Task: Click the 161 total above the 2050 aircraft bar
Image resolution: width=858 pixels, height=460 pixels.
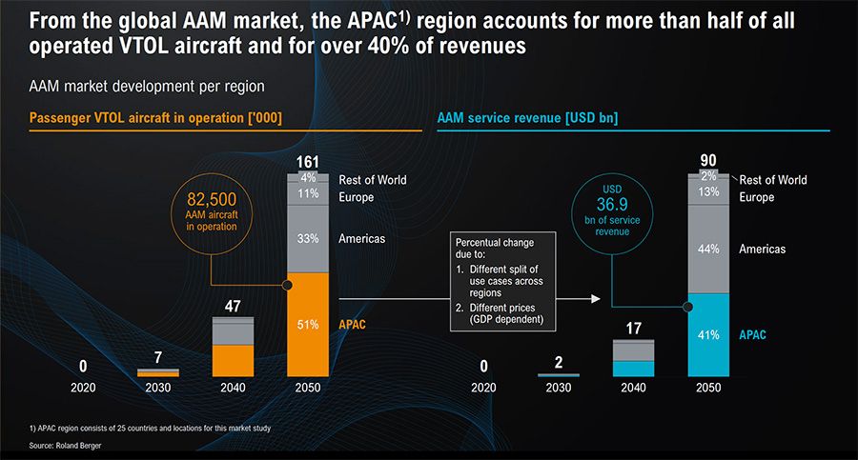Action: (307, 160)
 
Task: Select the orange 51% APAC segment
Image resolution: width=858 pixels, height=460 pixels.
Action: (307, 325)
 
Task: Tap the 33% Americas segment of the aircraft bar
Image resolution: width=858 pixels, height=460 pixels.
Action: (307, 239)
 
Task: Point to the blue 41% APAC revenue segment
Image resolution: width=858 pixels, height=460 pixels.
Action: (708, 335)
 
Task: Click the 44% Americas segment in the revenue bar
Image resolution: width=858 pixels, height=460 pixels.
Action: (708, 250)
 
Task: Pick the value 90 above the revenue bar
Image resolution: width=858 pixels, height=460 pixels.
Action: (708, 160)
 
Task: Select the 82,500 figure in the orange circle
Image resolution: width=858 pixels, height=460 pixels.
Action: (218, 199)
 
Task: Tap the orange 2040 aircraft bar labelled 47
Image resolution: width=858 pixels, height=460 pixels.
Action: (233, 359)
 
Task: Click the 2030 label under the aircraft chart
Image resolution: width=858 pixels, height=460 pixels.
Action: (158, 388)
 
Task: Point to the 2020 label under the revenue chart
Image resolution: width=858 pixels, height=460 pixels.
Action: (483, 388)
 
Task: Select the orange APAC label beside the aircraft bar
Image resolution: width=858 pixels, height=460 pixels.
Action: (354, 325)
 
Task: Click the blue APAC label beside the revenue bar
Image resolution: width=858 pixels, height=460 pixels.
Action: (752, 335)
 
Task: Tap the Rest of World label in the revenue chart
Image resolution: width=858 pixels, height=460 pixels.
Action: (773, 180)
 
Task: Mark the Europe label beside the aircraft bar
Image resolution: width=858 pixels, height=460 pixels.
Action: (357, 197)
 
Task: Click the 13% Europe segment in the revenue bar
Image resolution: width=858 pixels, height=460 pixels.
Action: (708, 191)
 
